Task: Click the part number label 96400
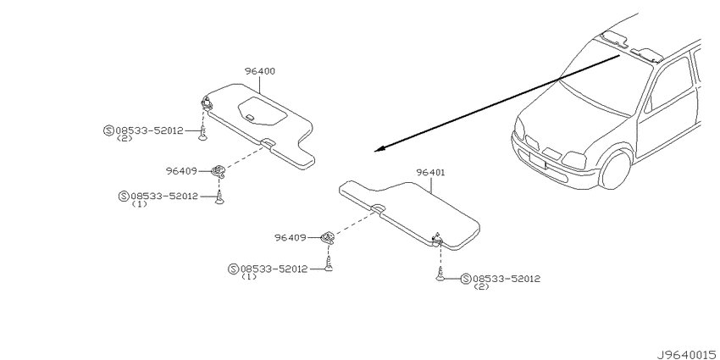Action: coord(260,71)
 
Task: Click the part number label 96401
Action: coord(430,173)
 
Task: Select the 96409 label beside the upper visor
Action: coord(181,171)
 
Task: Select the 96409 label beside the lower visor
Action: coord(291,237)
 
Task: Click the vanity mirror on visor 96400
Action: coord(263,111)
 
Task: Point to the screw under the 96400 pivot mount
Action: coord(203,135)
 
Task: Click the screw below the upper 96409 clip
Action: coord(219,198)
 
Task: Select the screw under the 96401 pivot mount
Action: coord(440,275)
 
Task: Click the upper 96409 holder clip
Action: coord(219,172)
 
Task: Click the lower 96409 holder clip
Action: coord(327,237)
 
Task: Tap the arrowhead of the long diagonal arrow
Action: coord(379,149)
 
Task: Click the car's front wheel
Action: coord(616,169)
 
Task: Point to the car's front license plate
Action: coord(537,160)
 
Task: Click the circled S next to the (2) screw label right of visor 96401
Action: coord(466,279)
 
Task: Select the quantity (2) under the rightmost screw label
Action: coord(481,287)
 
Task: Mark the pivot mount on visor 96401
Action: coord(437,238)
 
